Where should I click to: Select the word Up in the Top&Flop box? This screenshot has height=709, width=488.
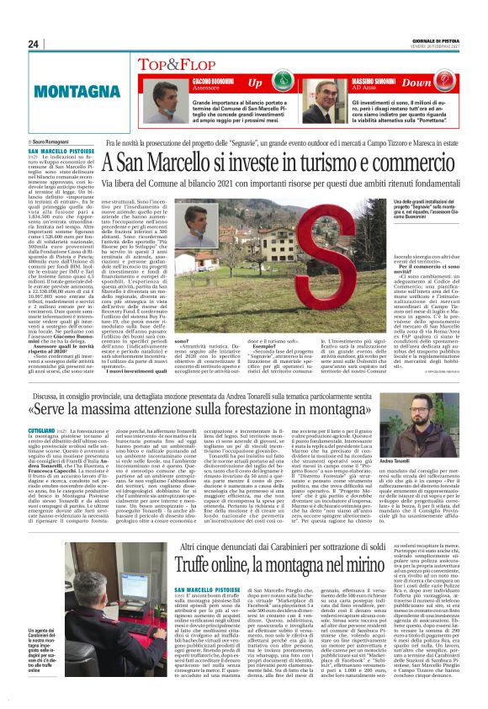254,83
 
